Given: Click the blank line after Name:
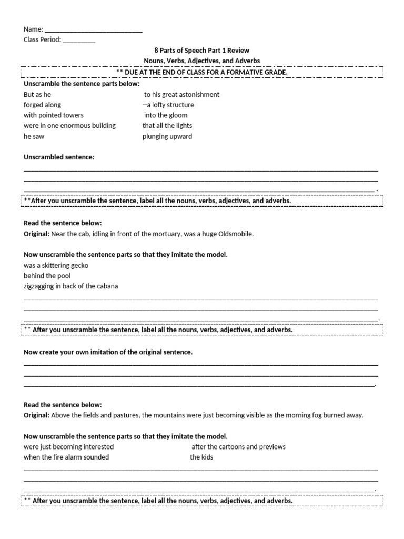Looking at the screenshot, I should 94,30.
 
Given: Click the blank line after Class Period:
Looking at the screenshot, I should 79,40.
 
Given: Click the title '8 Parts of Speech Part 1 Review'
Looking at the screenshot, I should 201,51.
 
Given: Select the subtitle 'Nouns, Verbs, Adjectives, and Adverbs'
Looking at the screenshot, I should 201,61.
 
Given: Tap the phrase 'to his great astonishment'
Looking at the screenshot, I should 181,95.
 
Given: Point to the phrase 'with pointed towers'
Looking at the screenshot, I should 54,115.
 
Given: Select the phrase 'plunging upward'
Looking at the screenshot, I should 167,136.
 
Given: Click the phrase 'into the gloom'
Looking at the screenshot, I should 166,115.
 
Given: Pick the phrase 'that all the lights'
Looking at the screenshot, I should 167,126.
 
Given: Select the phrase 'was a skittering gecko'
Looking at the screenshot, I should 56,266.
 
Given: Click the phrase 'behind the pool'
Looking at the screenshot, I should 47,276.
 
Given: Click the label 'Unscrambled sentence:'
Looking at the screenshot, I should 59,157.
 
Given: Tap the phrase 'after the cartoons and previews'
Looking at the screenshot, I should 238,447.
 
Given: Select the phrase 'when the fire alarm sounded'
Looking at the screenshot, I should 66,457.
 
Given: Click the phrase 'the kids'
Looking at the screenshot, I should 201,457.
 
